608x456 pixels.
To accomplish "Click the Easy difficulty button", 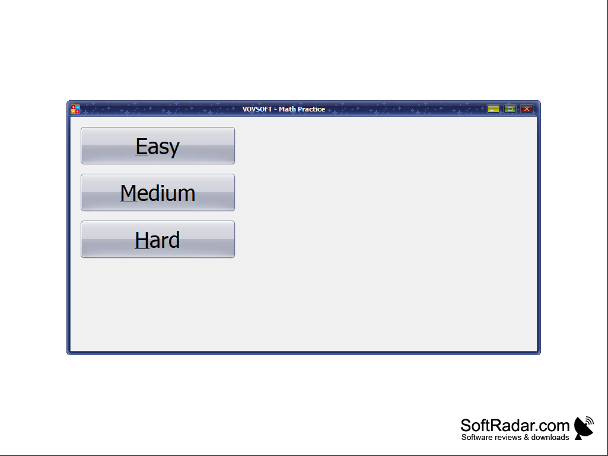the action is pos(158,145).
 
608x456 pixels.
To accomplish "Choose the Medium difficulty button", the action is pos(158,192).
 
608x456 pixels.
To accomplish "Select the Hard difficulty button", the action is pos(158,239).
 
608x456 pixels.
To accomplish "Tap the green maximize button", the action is pos(510,109).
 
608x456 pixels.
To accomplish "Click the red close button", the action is pos(527,109).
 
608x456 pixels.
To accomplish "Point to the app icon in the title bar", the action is pos(75,109).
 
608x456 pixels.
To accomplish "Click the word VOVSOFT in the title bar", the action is pos(257,109).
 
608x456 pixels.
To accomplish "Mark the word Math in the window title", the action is pos(287,109).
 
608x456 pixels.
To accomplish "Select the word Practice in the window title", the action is pos(311,109).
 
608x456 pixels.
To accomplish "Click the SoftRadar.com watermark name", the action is pos(515,425).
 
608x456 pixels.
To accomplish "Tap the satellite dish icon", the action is pos(584,428).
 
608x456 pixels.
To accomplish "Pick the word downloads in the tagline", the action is pos(550,438).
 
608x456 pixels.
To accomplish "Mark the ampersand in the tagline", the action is pos(526,438).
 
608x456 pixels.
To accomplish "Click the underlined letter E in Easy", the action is pos(141,146).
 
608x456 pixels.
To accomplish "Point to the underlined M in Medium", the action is pos(128,193).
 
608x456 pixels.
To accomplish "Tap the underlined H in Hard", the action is pos(142,240).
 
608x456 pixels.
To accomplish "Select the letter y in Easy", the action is pos(174,149).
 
